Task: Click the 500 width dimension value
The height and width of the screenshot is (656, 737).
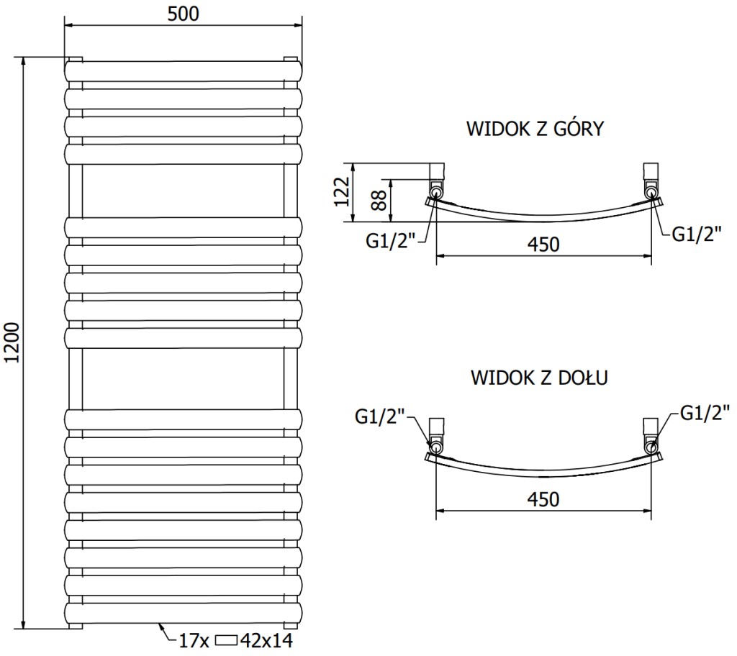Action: [x=183, y=13]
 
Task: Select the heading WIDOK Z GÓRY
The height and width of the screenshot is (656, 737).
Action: [x=535, y=129]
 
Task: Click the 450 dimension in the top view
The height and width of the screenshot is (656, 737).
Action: [x=544, y=245]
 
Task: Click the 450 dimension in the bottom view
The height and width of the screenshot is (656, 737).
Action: [x=544, y=499]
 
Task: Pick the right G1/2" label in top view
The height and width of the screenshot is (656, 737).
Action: [x=695, y=234]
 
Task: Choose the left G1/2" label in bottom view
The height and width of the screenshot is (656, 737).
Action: [x=381, y=416]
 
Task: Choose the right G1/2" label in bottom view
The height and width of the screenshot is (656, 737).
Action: [x=706, y=412]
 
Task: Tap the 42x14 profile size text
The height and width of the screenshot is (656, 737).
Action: [x=268, y=641]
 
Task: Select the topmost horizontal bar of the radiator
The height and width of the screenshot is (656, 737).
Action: [x=183, y=71]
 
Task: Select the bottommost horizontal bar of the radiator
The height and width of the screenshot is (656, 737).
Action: [x=183, y=614]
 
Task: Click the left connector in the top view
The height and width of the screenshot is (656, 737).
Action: [x=437, y=183]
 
